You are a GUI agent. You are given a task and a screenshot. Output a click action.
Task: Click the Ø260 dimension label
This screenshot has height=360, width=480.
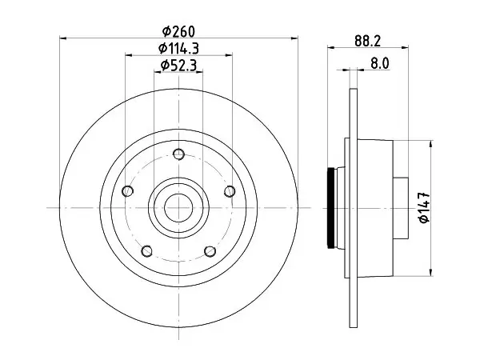tap(178, 31)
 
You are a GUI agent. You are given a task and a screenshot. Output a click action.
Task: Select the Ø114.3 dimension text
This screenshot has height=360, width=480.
tap(178, 48)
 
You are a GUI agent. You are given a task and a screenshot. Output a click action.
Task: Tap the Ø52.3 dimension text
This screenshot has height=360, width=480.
tap(178, 66)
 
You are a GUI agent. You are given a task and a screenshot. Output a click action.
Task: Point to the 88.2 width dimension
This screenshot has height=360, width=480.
tap(368, 41)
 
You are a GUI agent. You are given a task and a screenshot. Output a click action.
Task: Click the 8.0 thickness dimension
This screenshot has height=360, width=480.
tap(379, 64)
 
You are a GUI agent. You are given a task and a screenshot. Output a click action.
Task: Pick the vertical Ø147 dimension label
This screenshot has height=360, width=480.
tap(425, 208)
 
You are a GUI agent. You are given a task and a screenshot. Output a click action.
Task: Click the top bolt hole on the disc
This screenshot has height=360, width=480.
tap(178, 154)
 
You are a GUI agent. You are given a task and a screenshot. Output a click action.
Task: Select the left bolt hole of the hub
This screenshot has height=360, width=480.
tap(127, 191)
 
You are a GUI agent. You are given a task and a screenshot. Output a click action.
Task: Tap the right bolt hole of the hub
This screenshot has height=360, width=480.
tap(230, 191)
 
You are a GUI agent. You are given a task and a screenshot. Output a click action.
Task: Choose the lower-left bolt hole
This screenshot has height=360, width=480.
tap(147, 251)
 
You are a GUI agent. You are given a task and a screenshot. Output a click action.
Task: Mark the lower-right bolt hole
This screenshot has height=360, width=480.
tap(210, 251)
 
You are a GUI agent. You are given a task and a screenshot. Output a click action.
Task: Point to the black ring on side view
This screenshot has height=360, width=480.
tap(330, 208)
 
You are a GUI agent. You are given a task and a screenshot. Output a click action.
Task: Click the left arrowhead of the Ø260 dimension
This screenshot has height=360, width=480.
tap(62, 38)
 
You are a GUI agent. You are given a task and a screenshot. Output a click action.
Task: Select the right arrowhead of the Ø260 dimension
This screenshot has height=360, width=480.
tap(294, 38)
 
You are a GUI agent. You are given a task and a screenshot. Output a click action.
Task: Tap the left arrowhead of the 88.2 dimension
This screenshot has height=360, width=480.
tap(331, 47)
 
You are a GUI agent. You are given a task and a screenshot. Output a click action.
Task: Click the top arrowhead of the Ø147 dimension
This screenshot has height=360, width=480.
tap(431, 144)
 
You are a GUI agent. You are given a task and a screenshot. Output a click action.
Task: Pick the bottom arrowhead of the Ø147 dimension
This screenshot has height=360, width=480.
tap(431, 273)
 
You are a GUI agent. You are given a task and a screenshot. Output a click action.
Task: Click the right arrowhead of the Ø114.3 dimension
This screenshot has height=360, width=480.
tap(228, 55)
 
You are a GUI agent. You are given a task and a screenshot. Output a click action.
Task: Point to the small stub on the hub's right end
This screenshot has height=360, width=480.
tap(401, 208)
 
